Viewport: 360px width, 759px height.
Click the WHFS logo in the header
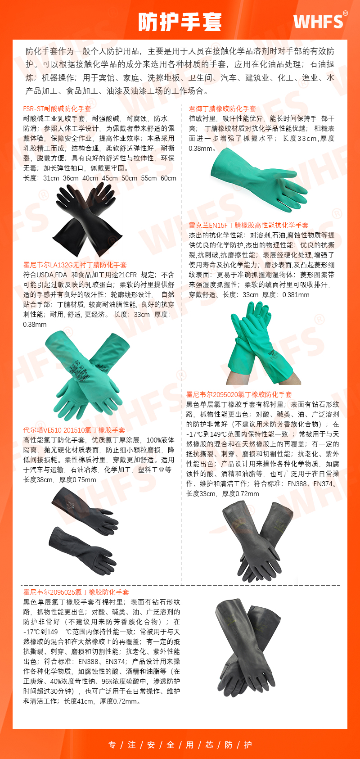pos(320,21)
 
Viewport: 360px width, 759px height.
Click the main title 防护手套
pos(180,21)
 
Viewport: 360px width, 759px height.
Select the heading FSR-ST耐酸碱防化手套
pos(57,109)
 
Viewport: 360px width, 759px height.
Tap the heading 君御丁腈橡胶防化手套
pos(222,109)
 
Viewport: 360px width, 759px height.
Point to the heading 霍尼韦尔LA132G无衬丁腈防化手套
pos(75,265)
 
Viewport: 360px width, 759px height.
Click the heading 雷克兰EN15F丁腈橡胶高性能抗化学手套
pos(248,226)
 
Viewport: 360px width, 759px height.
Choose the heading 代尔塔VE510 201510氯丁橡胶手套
pos(74,430)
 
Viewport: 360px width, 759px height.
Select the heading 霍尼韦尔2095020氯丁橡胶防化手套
pos(239,394)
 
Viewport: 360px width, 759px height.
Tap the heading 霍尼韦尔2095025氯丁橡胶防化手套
pos(76,592)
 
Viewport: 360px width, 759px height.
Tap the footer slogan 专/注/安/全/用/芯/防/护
pos(180,745)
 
